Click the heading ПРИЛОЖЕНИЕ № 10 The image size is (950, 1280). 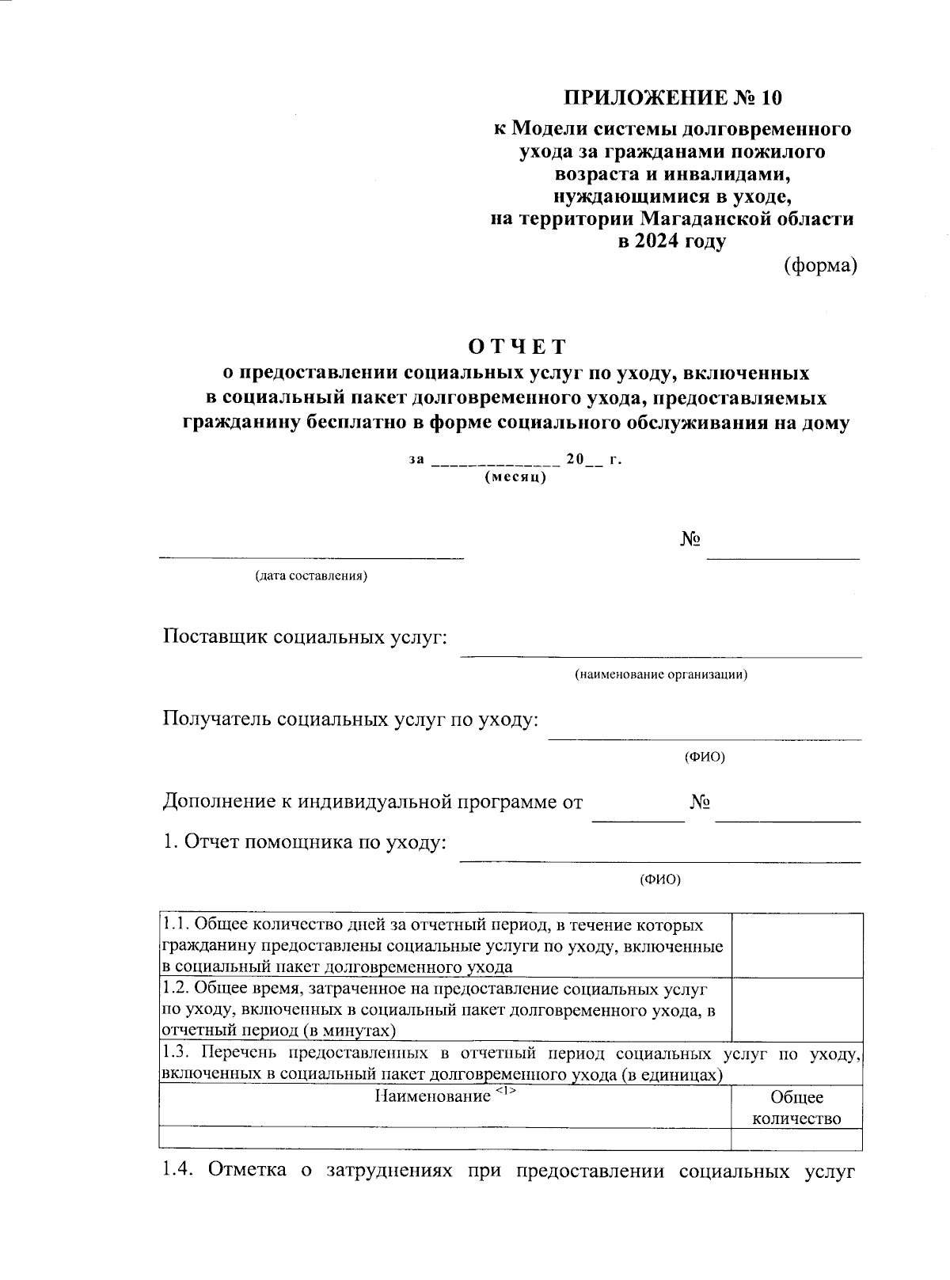click(672, 98)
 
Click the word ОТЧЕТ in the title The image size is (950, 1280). click(517, 347)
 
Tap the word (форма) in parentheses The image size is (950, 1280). click(820, 267)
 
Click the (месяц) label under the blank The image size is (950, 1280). click(515, 477)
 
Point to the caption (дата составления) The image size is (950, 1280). click(310, 575)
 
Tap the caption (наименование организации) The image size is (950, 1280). click(661, 674)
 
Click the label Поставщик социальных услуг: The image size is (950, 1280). click(305, 636)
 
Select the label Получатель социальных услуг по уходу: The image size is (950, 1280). click(351, 719)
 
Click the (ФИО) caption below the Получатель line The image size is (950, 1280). click(704, 757)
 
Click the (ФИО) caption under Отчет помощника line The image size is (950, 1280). click(659, 879)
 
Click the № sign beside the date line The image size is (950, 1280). click(691, 539)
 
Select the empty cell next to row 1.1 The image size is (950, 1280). click(796, 944)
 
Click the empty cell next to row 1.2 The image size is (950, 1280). click(796, 1009)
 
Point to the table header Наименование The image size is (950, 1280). click(432, 1096)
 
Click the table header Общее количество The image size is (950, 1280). click(796, 1107)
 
